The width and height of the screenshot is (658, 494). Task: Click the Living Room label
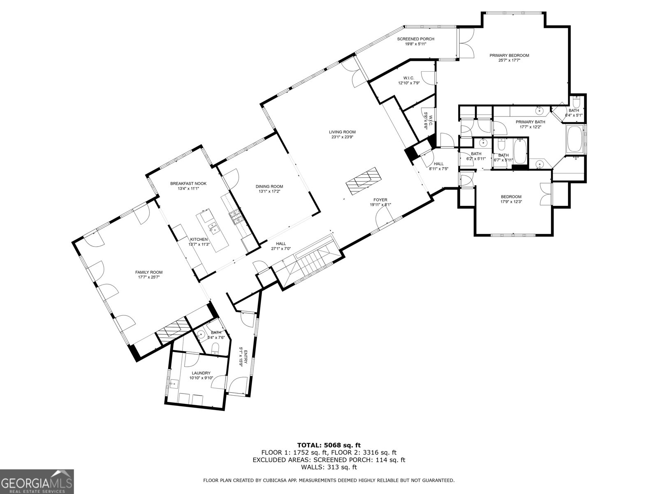click(342, 132)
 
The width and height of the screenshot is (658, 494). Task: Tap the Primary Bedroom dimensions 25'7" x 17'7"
click(509, 60)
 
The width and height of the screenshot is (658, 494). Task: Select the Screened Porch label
click(415, 39)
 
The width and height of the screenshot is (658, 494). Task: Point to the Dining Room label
click(271, 186)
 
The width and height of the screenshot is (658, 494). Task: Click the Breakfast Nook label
click(188, 184)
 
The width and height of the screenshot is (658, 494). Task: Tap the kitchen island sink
click(213, 225)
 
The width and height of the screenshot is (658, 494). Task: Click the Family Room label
click(149, 272)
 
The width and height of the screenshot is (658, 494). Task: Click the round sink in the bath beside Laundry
click(201, 334)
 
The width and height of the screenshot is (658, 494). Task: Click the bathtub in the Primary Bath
click(574, 139)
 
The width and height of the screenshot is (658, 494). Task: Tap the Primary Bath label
click(531, 122)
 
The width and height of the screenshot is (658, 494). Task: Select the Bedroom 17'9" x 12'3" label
click(511, 197)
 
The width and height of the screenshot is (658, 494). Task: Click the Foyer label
click(380, 200)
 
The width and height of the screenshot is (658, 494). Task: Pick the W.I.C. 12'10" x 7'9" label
click(408, 78)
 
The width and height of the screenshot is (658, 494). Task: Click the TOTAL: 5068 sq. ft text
click(329, 445)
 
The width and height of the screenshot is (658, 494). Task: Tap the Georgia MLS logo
click(37, 481)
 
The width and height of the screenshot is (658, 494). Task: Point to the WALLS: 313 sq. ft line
click(329, 467)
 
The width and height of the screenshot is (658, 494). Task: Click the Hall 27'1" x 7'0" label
click(281, 244)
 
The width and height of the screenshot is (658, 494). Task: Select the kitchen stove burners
click(236, 217)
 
